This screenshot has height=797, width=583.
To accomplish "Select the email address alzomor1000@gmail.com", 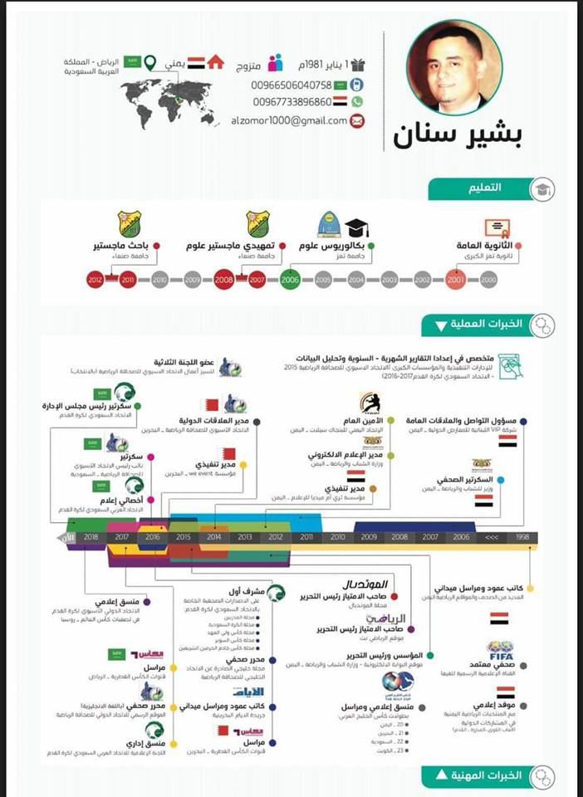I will pos(289,121).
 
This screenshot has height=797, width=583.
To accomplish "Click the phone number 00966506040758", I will pos(291,86).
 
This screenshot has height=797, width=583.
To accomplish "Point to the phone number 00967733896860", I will pos(291,102).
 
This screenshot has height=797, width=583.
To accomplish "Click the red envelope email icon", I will pos(356,121).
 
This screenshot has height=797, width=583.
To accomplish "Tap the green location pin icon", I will pos(150,63).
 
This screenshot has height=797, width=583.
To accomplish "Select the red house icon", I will pos(216,62).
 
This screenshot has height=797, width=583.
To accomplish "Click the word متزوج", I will pos(250,65).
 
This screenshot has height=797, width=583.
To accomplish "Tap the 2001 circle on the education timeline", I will pos(456,281).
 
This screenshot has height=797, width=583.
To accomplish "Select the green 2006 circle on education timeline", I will pos(290,281).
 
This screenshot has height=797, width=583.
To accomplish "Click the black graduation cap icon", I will pos(357,227).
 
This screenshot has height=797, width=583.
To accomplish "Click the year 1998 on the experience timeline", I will pos(522,537).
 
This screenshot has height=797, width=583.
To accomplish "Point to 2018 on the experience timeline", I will pos(91,537).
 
